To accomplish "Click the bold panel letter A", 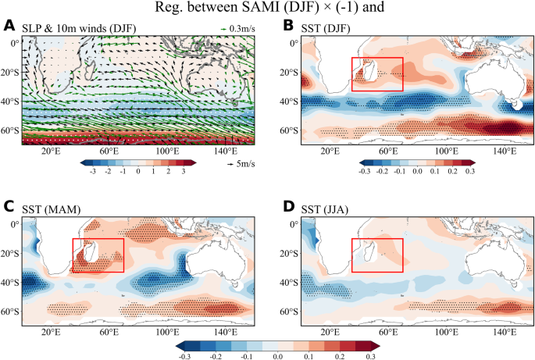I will pos(9,27).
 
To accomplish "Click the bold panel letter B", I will pos(288,27).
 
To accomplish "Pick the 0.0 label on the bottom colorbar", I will pos(277,354).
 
